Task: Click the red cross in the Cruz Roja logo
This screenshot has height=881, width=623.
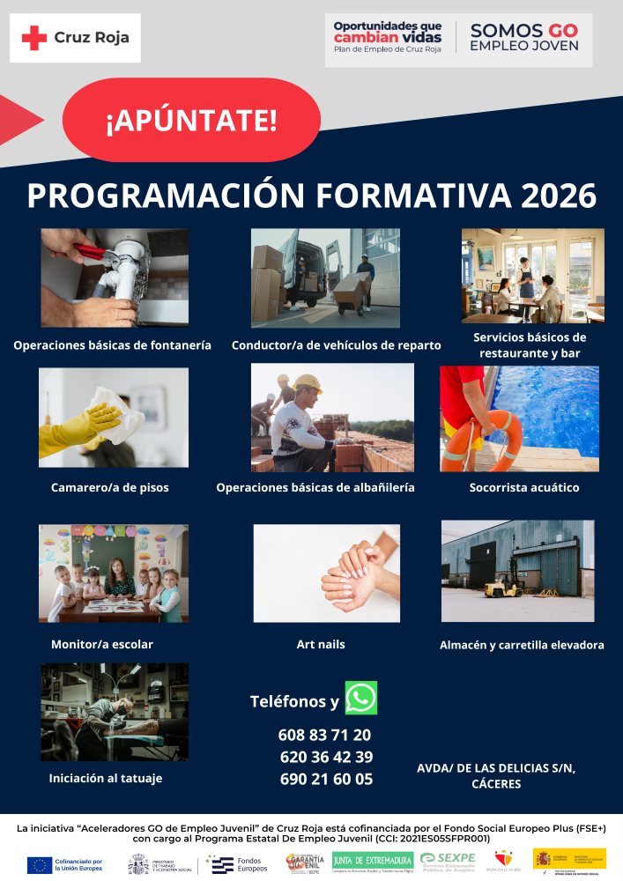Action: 34,38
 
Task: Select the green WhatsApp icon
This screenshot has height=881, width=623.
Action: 360,698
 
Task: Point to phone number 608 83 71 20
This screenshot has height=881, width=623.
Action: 324,735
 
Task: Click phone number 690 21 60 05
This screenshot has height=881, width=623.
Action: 326,779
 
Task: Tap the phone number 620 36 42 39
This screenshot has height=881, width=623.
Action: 326,757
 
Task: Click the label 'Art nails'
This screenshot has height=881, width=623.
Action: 321,645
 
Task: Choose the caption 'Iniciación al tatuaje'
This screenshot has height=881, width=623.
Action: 106,778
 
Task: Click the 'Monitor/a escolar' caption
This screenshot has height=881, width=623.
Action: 102,644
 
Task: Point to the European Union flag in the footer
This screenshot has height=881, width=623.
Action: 39,864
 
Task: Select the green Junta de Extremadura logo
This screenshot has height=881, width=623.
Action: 373,860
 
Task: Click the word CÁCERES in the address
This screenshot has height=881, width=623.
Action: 496,783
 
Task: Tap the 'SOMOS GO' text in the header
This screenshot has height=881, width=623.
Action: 523,30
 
